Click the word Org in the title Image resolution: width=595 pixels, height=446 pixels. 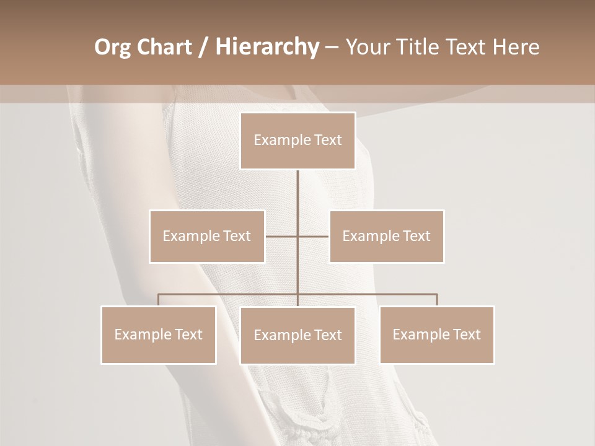112,48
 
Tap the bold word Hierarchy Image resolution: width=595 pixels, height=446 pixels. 267,48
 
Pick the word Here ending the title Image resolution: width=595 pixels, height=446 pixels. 516,48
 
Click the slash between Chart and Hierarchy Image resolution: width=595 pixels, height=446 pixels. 203,48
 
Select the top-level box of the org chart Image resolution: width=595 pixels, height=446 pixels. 297,141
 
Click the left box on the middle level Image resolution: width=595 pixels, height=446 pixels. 207,236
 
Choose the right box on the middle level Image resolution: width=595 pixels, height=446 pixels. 386,236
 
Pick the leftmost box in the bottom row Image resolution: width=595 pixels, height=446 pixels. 159,334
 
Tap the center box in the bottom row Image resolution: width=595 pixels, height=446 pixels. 297,335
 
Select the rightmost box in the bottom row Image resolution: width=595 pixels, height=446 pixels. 436,334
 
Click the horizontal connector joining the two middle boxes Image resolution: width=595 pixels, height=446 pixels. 297,236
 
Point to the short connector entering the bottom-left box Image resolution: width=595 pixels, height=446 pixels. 159,300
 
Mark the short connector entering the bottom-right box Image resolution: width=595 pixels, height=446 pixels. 437,300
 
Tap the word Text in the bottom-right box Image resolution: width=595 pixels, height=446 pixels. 465,334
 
